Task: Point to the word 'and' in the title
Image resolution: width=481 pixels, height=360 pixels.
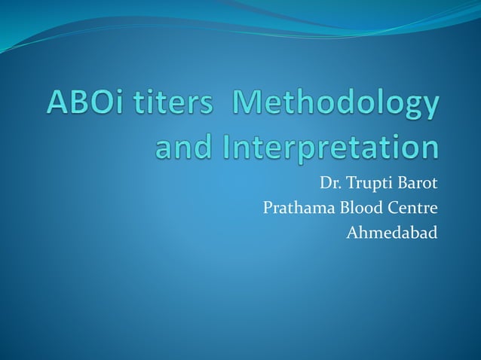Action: [182, 147]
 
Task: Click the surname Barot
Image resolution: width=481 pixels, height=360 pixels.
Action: [418, 182]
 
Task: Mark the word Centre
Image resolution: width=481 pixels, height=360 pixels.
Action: [413, 208]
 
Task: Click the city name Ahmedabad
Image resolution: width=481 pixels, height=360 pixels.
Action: [391, 233]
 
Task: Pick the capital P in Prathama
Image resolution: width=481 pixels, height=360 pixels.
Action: [268, 208]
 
